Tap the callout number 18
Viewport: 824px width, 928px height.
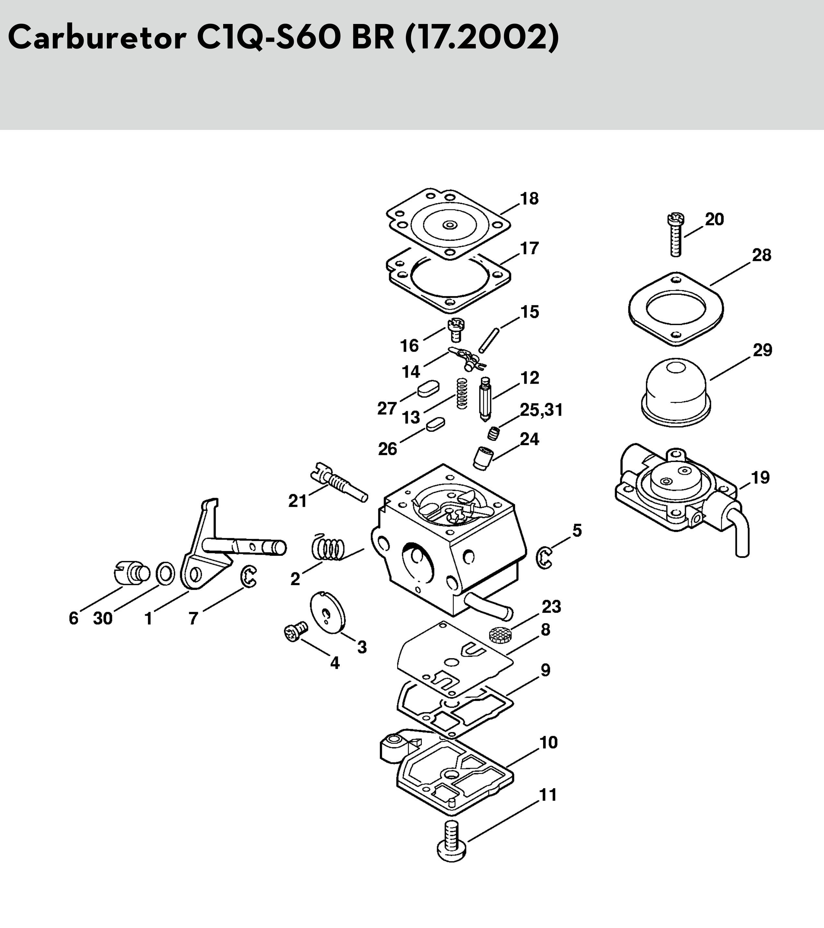(x=529, y=199)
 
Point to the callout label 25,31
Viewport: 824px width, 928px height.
(x=541, y=410)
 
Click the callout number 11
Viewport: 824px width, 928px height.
(x=548, y=795)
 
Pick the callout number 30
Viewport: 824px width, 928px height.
(x=103, y=618)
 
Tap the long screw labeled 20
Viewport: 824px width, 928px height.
(x=675, y=235)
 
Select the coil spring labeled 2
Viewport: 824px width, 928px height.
(x=328, y=547)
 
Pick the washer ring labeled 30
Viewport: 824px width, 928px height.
(x=165, y=574)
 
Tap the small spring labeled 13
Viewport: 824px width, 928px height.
(x=462, y=393)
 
